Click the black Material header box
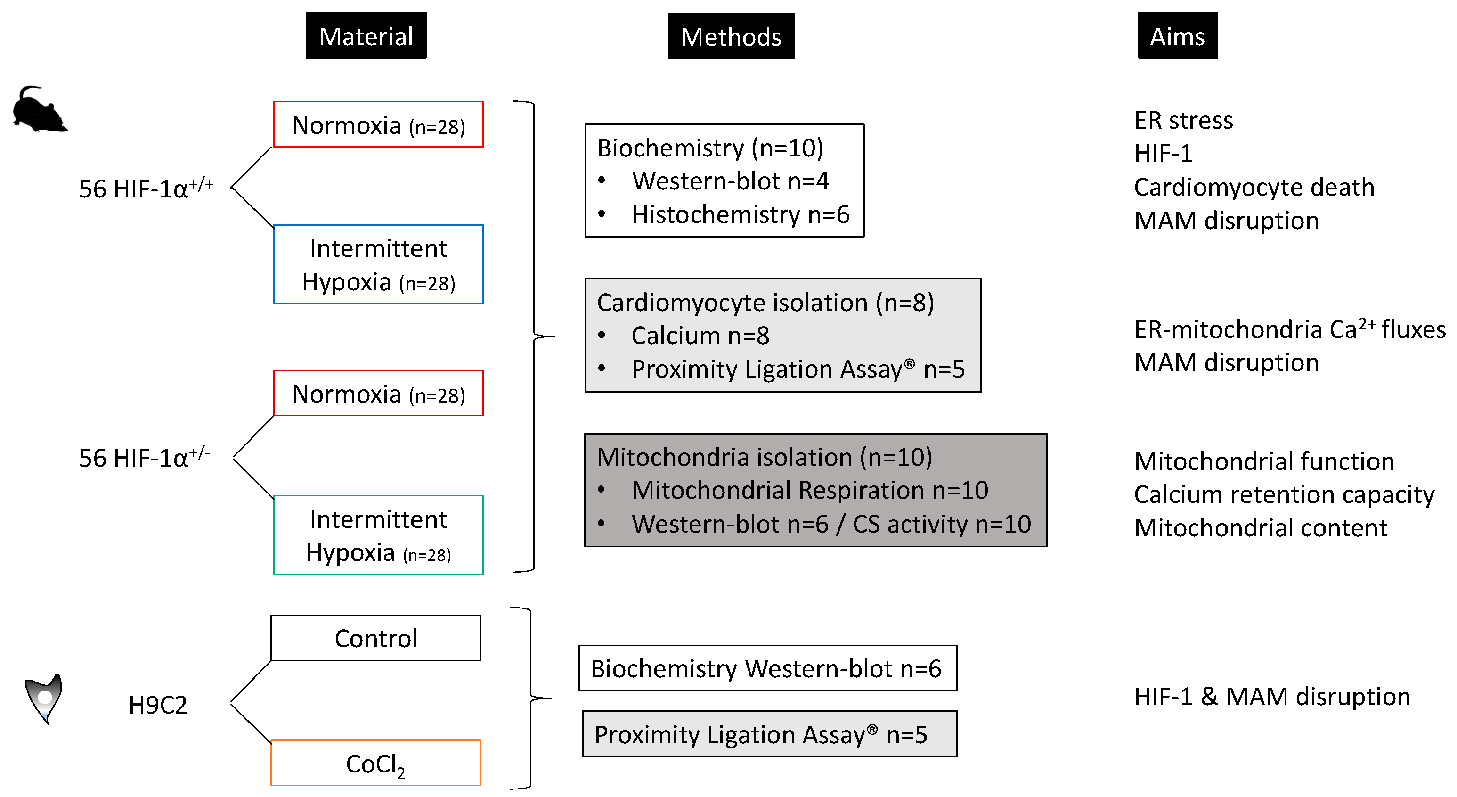click(366, 36)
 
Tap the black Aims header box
click(1177, 36)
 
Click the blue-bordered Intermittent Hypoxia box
click(378, 264)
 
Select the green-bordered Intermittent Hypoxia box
click(378, 535)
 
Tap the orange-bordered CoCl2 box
click(375, 763)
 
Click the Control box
click(375, 638)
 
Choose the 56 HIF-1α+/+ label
click(146, 188)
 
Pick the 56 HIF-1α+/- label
click(144, 457)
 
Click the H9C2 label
click(158, 705)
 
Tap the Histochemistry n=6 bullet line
click(740, 214)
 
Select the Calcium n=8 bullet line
click(700, 336)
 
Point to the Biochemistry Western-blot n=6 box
click(767, 668)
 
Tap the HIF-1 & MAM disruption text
click(1271, 696)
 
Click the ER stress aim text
click(1183, 121)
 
